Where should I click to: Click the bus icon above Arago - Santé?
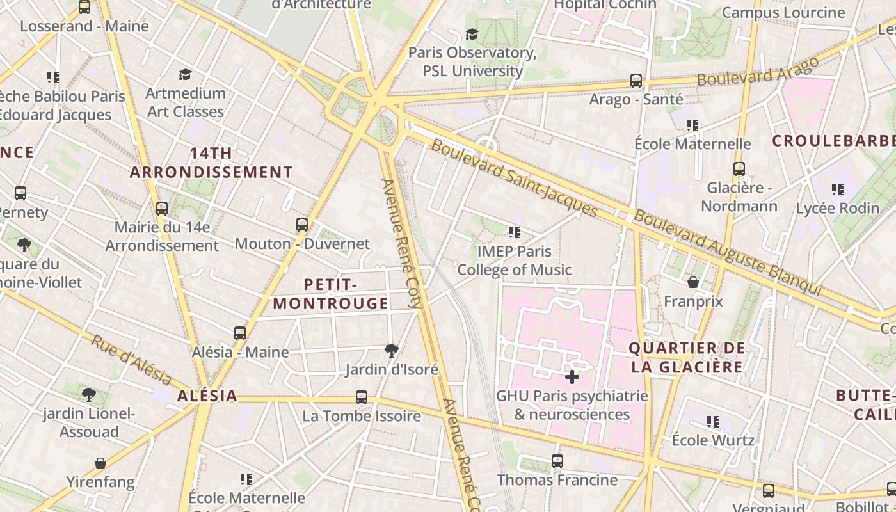point(636,81)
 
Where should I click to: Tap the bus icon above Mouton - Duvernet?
point(302,225)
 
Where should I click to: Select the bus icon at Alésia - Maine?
point(240,333)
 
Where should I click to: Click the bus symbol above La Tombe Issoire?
point(362,397)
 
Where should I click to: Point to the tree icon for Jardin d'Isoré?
point(392,350)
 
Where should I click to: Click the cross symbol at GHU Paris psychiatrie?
point(572,377)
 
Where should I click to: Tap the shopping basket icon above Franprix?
point(693,282)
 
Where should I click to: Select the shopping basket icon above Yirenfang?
point(100,463)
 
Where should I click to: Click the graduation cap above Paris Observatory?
point(472,34)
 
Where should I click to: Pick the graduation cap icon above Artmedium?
point(186,74)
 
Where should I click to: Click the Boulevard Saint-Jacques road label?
point(514,177)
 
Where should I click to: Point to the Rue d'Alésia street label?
point(131,360)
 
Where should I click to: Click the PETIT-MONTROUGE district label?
point(331,294)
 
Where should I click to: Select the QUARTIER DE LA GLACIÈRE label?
point(687,357)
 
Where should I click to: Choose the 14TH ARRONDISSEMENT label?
point(211,163)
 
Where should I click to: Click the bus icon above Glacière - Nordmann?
point(739,169)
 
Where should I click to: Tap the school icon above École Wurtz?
point(713,422)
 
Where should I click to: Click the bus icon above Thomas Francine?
point(557,461)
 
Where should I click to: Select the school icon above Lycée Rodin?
point(838,189)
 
